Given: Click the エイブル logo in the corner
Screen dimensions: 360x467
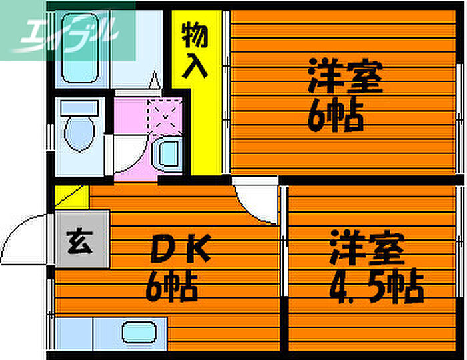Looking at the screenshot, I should [x=67, y=32].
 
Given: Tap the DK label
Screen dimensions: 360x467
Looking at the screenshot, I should [x=179, y=252].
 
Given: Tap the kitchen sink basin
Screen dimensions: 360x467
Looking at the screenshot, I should [x=141, y=331].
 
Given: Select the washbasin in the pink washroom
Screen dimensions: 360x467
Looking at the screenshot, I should [x=168, y=155].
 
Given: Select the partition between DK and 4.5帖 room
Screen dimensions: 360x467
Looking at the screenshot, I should [x=284, y=267].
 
